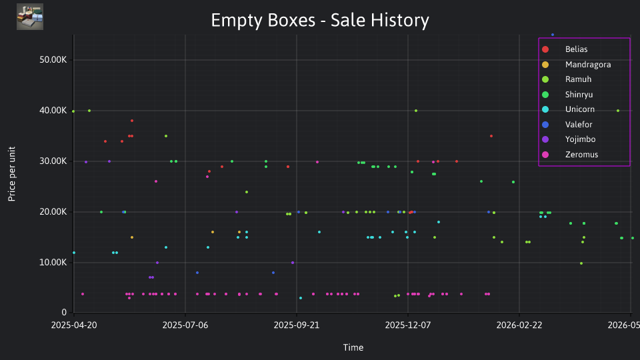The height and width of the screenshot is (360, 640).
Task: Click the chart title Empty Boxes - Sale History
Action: point(320,20)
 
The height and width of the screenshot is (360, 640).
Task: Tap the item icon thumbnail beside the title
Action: point(30,17)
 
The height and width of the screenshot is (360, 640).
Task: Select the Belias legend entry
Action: point(576,49)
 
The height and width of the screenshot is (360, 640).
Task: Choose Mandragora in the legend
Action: point(588,65)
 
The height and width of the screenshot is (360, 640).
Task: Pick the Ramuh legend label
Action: point(578,79)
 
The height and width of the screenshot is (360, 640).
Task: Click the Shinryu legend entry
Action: point(579,95)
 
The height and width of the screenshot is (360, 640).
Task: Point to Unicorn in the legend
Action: point(579,109)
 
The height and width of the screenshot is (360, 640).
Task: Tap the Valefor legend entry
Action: point(579,125)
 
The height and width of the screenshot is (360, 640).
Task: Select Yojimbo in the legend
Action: point(580,139)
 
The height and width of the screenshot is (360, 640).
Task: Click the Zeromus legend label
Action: point(581,155)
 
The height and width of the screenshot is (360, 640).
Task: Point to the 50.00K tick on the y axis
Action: point(53,60)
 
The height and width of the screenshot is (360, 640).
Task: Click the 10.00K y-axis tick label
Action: point(53,263)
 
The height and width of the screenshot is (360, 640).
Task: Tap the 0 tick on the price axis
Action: point(64,313)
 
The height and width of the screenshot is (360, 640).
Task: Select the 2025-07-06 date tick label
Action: point(185,325)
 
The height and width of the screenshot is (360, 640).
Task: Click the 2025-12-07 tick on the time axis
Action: point(408,325)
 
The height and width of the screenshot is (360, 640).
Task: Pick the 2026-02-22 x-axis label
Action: point(519,325)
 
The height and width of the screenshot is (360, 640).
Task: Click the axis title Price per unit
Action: point(12,174)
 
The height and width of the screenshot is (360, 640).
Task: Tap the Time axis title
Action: point(353,348)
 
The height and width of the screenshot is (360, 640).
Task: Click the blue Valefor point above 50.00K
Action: point(553,35)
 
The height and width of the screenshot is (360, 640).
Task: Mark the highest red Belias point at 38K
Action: point(132,121)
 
